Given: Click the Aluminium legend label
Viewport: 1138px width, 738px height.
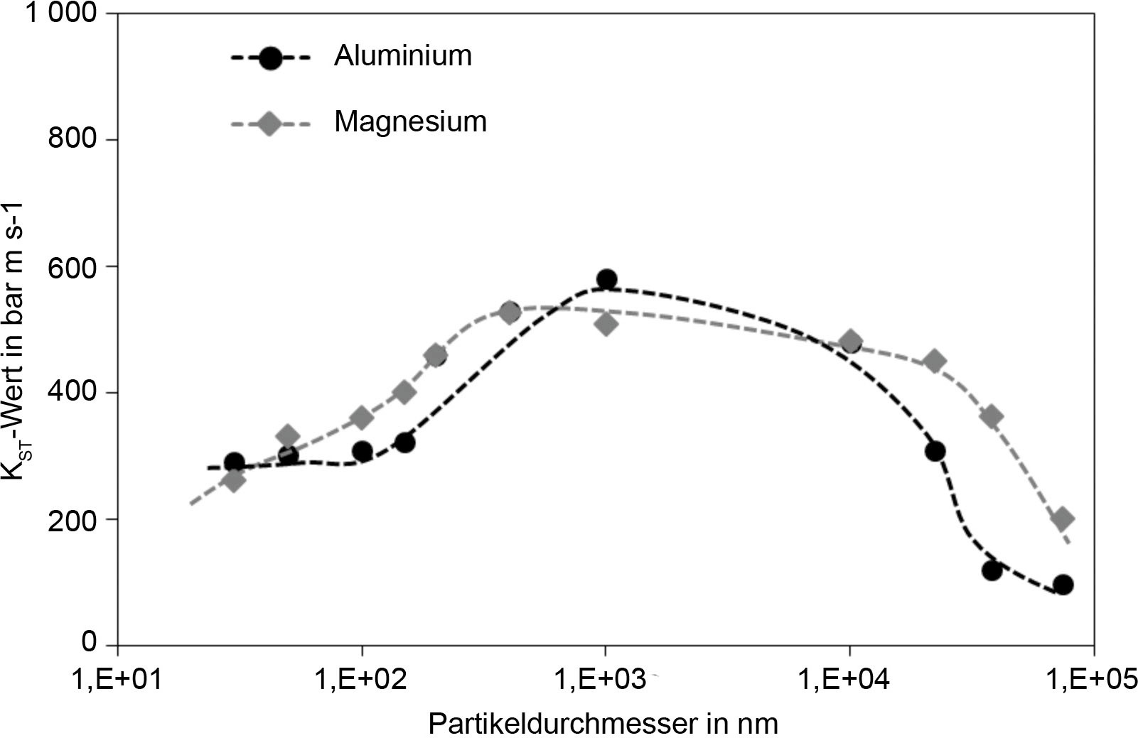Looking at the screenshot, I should [x=402, y=56].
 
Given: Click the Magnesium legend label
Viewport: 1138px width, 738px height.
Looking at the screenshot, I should [x=410, y=122].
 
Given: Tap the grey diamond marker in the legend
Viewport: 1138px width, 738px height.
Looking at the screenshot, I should [x=269, y=124].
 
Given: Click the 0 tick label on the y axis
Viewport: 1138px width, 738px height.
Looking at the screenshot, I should [x=89, y=642].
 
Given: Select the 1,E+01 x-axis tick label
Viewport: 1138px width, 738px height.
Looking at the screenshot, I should [x=117, y=680].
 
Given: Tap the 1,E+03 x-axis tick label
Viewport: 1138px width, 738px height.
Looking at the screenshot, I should [x=605, y=680].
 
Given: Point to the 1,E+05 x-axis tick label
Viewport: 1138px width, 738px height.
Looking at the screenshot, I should [x=1092, y=680].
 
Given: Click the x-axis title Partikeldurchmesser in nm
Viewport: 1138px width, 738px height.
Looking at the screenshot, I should [x=603, y=724].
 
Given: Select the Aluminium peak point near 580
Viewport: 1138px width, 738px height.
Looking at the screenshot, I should [x=606, y=279].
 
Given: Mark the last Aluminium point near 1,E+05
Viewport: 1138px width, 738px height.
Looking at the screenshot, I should [x=1063, y=585].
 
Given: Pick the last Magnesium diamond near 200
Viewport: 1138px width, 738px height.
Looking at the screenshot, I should [x=1063, y=519].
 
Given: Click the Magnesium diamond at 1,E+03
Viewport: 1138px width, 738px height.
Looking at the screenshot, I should [x=606, y=325].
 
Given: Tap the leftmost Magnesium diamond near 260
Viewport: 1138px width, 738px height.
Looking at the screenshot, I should [x=234, y=481].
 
